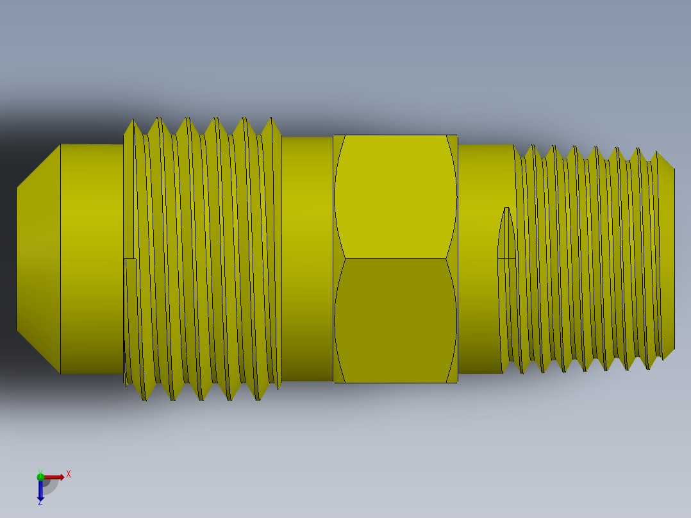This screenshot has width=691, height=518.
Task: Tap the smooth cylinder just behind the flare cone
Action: coord(92,258)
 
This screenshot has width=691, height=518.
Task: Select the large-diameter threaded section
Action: coord(205,258)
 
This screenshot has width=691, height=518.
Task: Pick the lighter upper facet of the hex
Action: coord(395,196)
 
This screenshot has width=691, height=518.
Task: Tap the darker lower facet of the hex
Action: coord(395,321)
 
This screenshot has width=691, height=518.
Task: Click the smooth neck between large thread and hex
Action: coord(307,258)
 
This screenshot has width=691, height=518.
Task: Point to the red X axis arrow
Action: coord(55,476)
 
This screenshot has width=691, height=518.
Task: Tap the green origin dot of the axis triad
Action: coord(40,476)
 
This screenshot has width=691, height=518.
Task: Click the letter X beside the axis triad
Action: coord(69,474)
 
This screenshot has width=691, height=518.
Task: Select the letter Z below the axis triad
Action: coord(40,503)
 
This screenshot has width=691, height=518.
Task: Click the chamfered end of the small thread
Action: coord(667,258)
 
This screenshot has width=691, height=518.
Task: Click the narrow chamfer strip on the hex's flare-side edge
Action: coord(339,258)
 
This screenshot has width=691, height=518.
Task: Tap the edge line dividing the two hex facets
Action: coord(395,258)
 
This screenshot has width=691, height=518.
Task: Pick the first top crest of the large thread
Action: coord(132,121)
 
